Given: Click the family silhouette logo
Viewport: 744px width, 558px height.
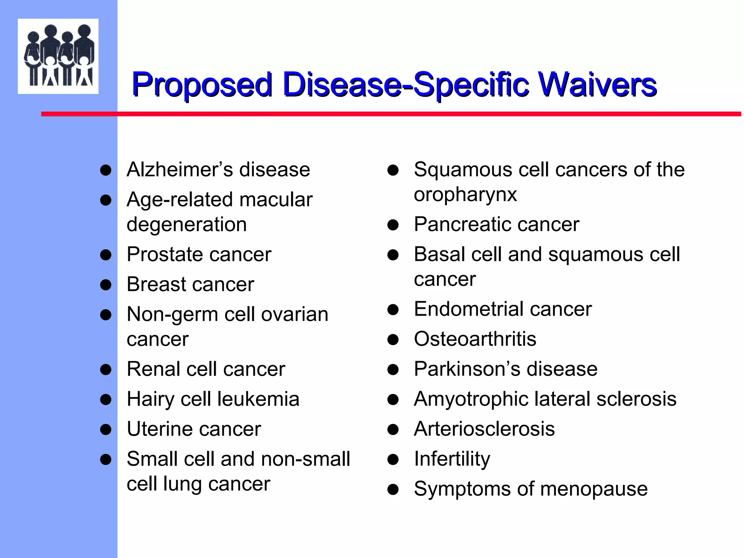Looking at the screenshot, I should pyautogui.click(x=58, y=56).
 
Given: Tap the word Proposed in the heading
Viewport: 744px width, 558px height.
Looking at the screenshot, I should pyautogui.click(x=202, y=85).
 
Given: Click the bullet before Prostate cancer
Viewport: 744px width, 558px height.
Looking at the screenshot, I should pyautogui.click(x=106, y=255).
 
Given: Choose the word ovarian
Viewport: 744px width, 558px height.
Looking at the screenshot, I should pyautogui.click(x=295, y=314).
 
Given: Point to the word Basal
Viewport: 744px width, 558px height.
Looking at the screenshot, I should pyautogui.click(x=440, y=254).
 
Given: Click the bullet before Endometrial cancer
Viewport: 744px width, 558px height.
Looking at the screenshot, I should pyautogui.click(x=393, y=310).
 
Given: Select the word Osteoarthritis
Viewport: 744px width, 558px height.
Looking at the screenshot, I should pyautogui.click(x=475, y=339).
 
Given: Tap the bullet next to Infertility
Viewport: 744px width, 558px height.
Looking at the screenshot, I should pyautogui.click(x=393, y=460).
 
